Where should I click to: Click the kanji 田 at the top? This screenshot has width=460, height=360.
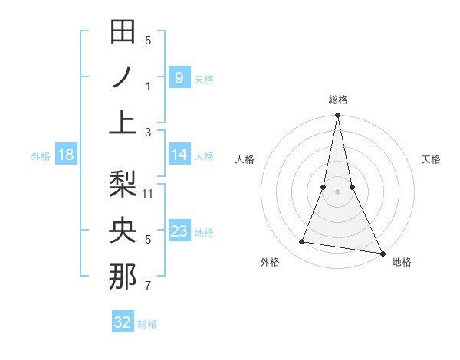coord(123,32)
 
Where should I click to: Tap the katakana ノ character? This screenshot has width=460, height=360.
coord(123,77)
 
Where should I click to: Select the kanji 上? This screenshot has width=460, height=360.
coord(123,123)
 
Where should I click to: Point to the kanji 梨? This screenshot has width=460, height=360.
coord(123,185)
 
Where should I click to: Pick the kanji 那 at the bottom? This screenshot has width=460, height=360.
coord(123,277)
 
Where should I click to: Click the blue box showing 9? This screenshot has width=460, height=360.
coord(179,77)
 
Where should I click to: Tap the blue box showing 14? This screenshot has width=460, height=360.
coord(179,155)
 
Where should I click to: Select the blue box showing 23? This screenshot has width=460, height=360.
coord(179,231)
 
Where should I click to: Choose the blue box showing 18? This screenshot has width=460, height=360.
coord(66,155)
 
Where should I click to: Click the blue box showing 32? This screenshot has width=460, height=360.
coord(123,322)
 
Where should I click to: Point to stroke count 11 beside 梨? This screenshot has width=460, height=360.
coord(148,193)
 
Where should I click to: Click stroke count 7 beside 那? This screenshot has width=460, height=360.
coord(148,286)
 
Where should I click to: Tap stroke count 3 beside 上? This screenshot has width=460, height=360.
coord(148,132)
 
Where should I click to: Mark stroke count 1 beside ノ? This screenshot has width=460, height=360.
coord(148,87)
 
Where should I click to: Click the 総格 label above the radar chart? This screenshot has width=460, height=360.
coord(338,100)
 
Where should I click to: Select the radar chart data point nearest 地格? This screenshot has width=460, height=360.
coord(381,253)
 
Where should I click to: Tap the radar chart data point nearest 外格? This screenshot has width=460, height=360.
coord(302,242)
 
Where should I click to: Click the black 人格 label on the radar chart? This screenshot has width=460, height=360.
coord(245,159)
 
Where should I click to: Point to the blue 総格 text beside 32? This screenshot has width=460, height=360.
coord(148,323)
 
